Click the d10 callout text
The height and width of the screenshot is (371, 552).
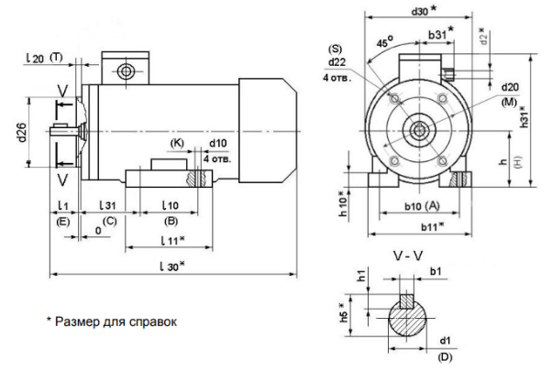(x=218, y=144)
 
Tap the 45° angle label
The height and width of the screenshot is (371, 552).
(x=386, y=42)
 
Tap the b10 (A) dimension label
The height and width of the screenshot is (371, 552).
(x=423, y=206)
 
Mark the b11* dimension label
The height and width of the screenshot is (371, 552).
(x=432, y=225)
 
